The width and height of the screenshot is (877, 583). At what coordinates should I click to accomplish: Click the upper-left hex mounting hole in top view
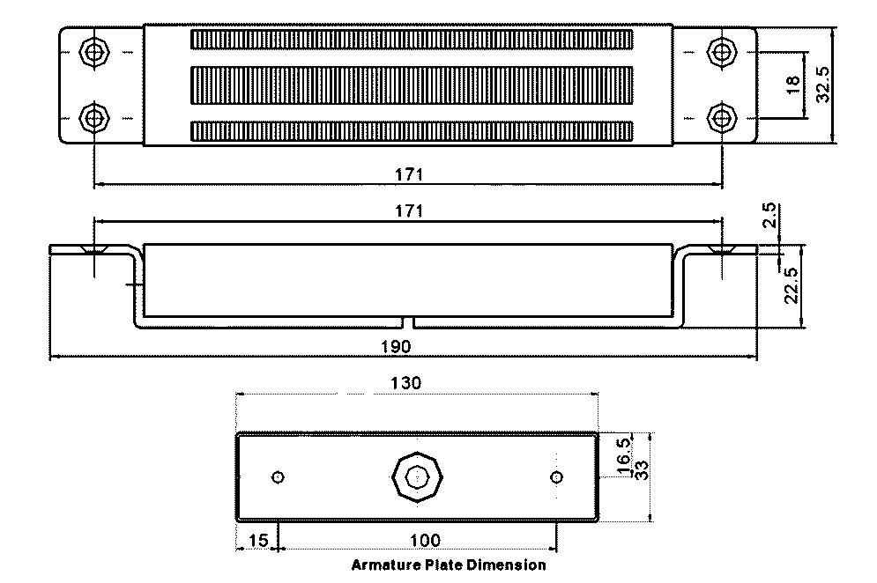pos(93,50)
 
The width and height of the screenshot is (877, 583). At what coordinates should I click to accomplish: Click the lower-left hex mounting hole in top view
pos(93,116)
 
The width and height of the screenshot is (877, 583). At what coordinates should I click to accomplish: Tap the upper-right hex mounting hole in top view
pos(722,50)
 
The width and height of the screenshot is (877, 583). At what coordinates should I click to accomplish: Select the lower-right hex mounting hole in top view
pos(722,116)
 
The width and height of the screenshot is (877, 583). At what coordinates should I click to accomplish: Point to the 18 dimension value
pos(792,84)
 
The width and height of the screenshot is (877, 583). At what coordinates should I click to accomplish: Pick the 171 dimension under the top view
pos(408,174)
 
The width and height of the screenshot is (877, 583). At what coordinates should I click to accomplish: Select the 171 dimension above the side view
pos(408,211)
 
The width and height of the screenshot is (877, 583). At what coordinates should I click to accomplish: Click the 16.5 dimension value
pos(623,454)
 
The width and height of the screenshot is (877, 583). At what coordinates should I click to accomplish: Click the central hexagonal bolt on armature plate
pos(418,477)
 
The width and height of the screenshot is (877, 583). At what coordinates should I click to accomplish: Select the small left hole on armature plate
pos(279,477)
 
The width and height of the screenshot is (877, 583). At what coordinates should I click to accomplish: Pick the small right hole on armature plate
pos(556,477)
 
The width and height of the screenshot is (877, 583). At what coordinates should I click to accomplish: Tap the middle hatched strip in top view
pos(412,83)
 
